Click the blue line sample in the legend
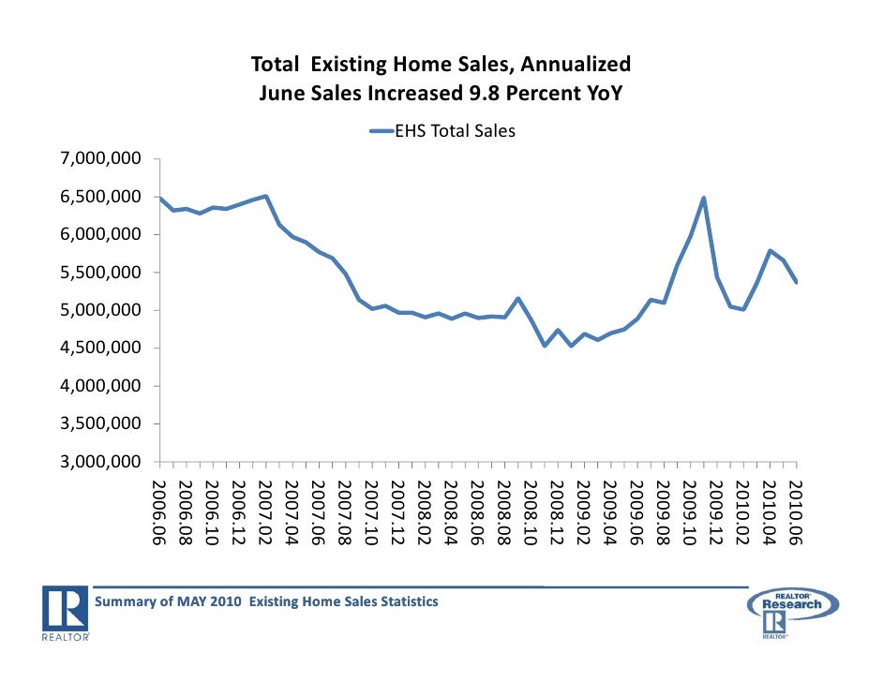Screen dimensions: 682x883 pyautogui.click(x=385, y=132)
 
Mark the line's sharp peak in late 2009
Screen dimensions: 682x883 pyautogui.click(x=703, y=198)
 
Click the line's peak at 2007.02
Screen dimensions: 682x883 pyautogui.click(x=266, y=197)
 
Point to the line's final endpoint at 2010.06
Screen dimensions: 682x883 pyautogui.click(x=797, y=282)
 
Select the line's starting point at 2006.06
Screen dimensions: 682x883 pyautogui.click(x=160, y=198)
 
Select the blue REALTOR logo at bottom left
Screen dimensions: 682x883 pyautogui.click(x=66, y=614)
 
